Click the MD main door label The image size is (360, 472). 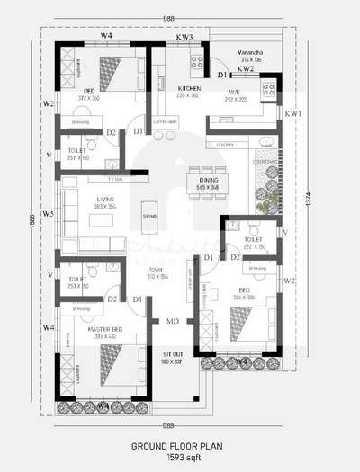click(x=172, y=320)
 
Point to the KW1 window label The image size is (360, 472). click(x=292, y=115)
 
